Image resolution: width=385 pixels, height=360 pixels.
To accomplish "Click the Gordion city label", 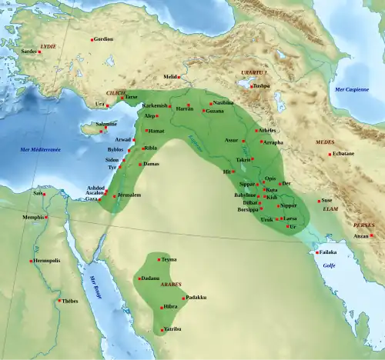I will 102,38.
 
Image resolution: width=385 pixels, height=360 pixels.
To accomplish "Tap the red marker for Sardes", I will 38,52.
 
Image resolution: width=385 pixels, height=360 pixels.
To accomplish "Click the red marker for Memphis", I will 47,217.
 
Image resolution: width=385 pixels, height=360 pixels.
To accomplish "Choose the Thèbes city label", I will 70,301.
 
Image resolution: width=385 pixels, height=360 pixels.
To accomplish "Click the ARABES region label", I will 170,284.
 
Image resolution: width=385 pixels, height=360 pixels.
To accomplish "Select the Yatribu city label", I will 172,329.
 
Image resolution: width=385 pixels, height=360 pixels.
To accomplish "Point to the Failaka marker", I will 316,252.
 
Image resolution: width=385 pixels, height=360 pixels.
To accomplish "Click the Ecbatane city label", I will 343,153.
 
